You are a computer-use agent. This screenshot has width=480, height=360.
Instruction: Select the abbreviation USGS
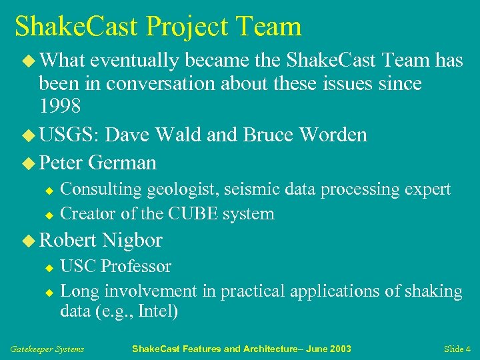point(68,135)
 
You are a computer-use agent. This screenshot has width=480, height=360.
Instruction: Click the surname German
point(122,163)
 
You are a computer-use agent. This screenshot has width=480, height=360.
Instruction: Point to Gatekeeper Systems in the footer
point(47,349)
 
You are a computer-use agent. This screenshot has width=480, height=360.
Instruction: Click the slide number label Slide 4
point(457,349)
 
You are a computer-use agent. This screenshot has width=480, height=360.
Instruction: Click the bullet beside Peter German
point(28,163)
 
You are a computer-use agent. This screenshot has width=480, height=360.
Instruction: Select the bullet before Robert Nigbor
point(28,240)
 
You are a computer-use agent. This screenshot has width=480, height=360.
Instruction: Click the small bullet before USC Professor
point(48,267)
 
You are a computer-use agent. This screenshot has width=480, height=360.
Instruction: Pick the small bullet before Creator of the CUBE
point(48,215)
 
